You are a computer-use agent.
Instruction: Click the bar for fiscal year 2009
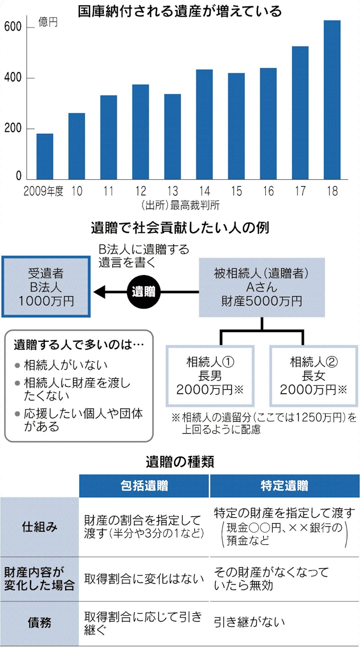pos(44,156)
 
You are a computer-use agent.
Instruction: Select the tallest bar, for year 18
pos(332,99)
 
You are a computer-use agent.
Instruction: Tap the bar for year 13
pos(173,136)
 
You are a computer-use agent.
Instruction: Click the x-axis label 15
pos(236,191)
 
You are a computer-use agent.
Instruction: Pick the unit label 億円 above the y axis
pos(48,22)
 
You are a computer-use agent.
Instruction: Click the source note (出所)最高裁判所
pos(181,205)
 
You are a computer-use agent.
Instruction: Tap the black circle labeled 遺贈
pos(143,292)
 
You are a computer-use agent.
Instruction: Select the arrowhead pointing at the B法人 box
pos(99,292)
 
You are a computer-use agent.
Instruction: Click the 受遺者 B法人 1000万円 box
pos(46,287)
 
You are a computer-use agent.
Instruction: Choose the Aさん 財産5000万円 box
pos(262,287)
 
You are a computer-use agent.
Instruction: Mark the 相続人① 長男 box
pos(210,376)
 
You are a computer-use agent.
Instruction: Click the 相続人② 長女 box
pos(313,376)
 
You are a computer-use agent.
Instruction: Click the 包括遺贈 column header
pos(144,486)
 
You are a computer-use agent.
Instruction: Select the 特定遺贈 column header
pos(284,486)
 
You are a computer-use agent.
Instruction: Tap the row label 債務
pos(39,623)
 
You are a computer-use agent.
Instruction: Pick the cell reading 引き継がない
pos(249,623)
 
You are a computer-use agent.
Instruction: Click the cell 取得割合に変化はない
pos(143,579)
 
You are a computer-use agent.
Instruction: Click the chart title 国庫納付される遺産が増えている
pos(179,12)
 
